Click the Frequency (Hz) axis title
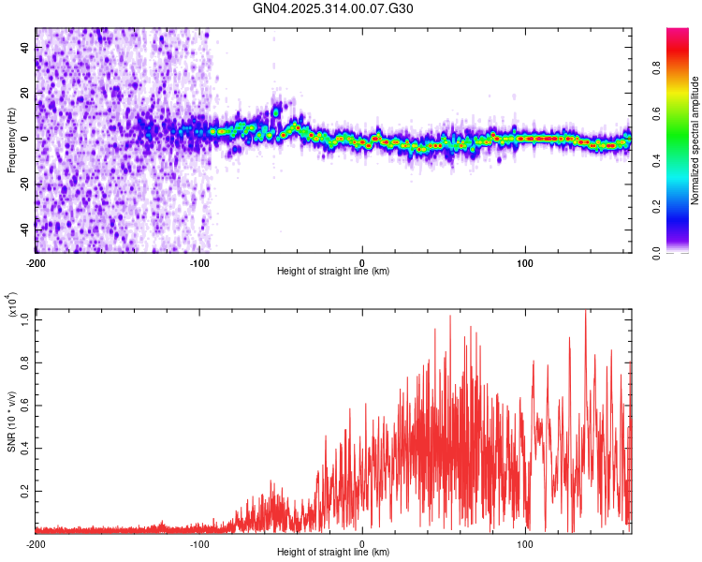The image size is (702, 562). click(11, 140)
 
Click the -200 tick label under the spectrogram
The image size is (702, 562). click(36, 262)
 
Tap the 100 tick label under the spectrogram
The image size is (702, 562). click(525, 262)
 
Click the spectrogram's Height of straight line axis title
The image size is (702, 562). click(333, 272)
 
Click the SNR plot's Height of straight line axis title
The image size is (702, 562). click(333, 554)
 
